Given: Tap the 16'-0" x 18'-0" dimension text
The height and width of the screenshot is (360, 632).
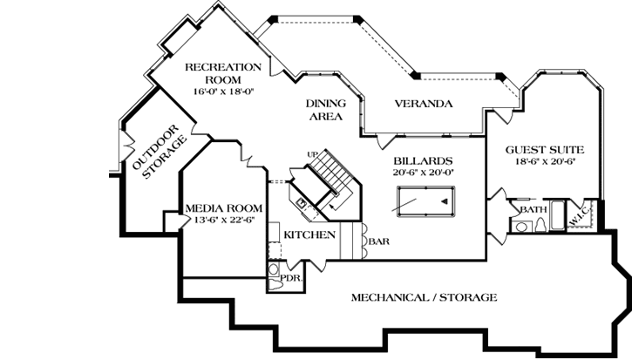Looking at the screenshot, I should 223,91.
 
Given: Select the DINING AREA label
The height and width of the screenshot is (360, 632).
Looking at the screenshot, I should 323,109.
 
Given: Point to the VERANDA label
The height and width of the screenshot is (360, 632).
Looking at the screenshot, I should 424,104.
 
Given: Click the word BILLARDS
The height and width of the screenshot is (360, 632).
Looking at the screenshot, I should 423,161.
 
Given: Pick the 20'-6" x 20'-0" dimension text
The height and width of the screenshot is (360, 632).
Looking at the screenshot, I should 423,173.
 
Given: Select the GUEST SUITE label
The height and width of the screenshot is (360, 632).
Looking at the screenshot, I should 545,149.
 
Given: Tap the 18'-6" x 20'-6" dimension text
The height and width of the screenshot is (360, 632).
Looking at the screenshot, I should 545,161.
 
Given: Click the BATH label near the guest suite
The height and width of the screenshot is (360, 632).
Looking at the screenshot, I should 533,210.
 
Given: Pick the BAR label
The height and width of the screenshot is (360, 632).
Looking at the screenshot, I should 377,241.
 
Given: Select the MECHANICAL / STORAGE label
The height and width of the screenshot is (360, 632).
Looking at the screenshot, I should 424,297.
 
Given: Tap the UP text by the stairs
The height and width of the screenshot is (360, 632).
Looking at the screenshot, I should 311,154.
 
